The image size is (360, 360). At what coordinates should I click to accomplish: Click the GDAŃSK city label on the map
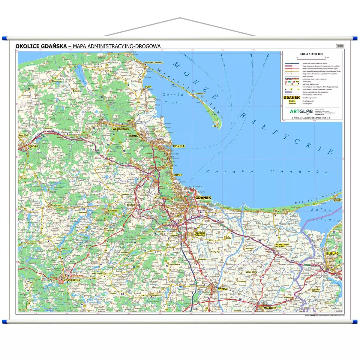tap(203, 198)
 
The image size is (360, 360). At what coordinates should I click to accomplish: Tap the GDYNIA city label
tap(178, 146)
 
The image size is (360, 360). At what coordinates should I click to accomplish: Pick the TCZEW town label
tap(223, 289)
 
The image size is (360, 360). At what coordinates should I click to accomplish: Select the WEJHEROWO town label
tap(121, 129)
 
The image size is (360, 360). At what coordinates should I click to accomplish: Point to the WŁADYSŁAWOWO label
tap(154, 62)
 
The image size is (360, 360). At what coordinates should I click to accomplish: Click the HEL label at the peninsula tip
tap(214, 126)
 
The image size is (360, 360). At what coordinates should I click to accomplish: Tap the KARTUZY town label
tap(113, 211)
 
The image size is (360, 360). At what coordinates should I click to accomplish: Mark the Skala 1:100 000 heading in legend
tap(312, 54)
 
